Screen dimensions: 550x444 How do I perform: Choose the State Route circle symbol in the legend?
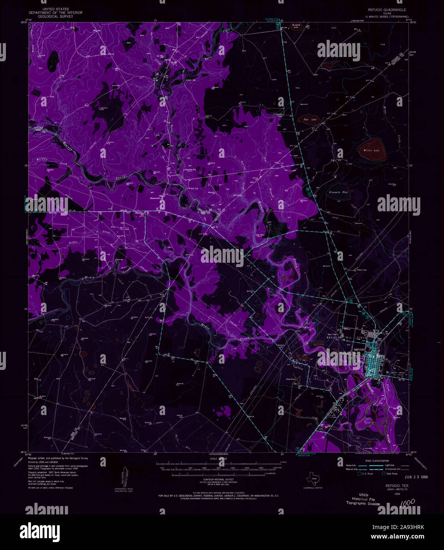tap(383, 473)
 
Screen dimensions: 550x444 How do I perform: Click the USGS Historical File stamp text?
tap(363, 500)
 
